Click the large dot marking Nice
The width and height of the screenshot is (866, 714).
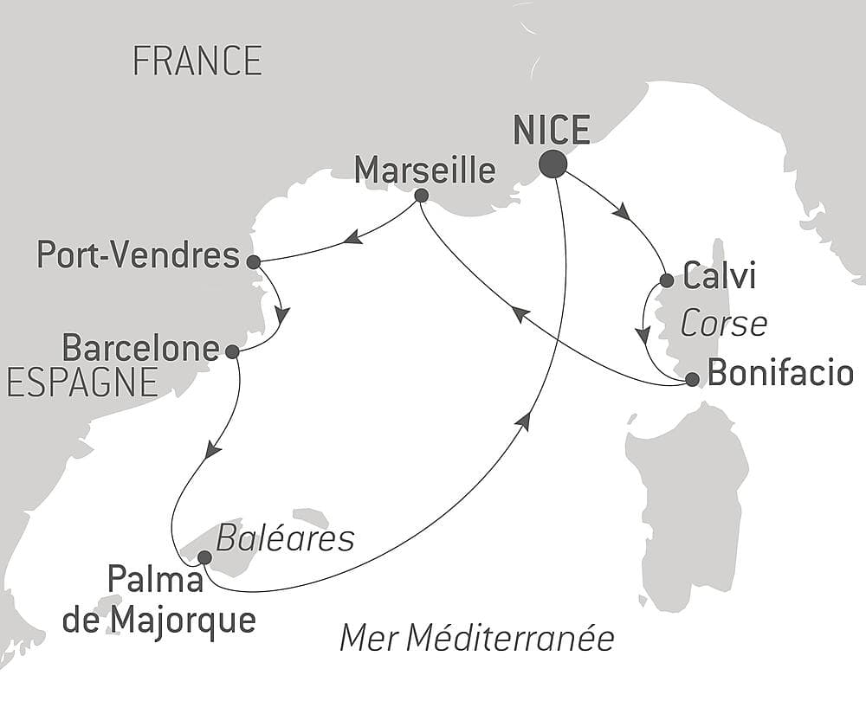pyautogui.click(x=553, y=164)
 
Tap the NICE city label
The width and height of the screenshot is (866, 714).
pyautogui.click(x=552, y=131)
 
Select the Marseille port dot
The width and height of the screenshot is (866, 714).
pyautogui.click(x=421, y=196)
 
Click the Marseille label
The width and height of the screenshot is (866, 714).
pyautogui.click(x=425, y=170)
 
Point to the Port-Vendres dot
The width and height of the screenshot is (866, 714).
pyautogui.click(x=253, y=261)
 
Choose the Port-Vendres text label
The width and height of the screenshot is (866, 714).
pyautogui.click(x=139, y=255)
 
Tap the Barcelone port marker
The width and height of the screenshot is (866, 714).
pyautogui.click(x=232, y=351)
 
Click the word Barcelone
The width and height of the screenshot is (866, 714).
pyautogui.click(x=140, y=349)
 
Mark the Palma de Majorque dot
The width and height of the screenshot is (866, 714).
pyautogui.click(x=204, y=557)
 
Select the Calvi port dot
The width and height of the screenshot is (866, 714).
pyautogui.click(x=667, y=280)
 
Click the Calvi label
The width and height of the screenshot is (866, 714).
pyautogui.click(x=720, y=278)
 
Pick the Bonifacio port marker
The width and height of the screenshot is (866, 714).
pyautogui.click(x=692, y=378)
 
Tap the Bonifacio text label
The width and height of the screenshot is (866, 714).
pyautogui.click(x=780, y=374)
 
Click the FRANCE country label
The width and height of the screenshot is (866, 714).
pyautogui.click(x=197, y=61)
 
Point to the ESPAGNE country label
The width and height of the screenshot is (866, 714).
pyautogui.click(x=82, y=382)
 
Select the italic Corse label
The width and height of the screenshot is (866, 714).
pyautogui.click(x=723, y=325)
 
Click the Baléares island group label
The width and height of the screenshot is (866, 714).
pyautogui.click(x=285, y=539)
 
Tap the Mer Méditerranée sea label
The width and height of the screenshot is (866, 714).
pyautogui.click(x=476, y=639)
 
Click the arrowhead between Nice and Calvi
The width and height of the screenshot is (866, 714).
pyautogui.click(x=620, y=211)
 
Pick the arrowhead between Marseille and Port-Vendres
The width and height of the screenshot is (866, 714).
pyautogui.click(x=352, y=237)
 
